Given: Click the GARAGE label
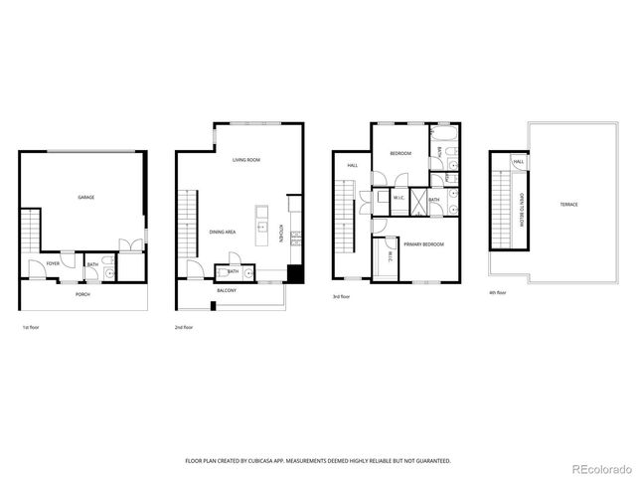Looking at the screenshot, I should point(86,198).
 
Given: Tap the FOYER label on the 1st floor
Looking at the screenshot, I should point(53,263).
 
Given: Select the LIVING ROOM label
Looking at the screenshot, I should point(246,160).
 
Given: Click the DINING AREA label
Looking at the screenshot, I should point(222,232).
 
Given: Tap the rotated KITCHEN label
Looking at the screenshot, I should point(294,235).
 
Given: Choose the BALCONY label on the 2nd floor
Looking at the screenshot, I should point(227,291).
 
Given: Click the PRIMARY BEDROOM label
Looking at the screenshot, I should point(423,243).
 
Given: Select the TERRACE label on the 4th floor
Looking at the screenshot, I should point(568,204).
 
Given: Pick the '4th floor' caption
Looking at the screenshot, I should point(498,293).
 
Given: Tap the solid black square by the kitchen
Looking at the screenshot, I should point(293,274).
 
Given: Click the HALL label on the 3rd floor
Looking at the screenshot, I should point(352,166).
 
